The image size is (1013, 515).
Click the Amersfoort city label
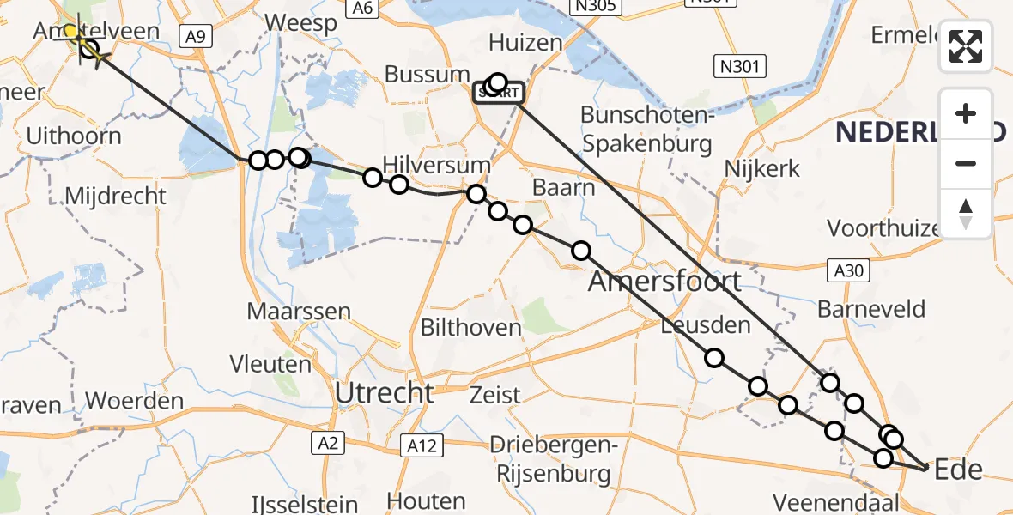tap(664, 281)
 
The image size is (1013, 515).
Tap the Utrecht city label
tap(385, 393)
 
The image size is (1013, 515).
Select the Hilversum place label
tap(425, 165)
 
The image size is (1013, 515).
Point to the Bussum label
tap(428, 74)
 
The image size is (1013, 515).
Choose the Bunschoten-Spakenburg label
tap(646, 129)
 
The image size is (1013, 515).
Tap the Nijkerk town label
tap(762, 168)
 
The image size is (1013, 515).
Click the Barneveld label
tap(871, 309)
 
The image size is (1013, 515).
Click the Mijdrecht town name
tap(116, 196)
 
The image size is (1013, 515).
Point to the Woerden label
tap(135, 401)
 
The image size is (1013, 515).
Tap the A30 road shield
tap(850, 271)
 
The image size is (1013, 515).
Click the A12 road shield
tap(422, 445)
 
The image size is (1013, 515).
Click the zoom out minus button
tap(966, 163)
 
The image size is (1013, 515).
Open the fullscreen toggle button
tap(966, 46)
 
